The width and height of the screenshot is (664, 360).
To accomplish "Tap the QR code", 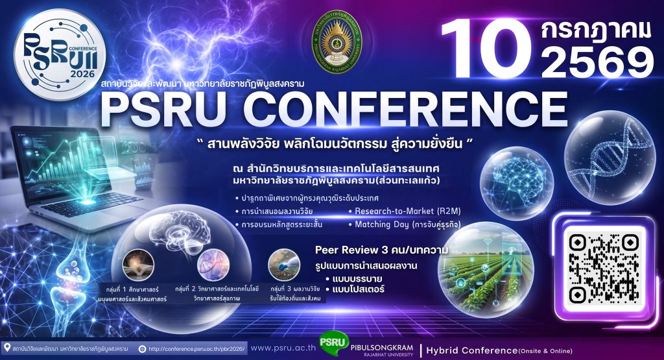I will [601, 266].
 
